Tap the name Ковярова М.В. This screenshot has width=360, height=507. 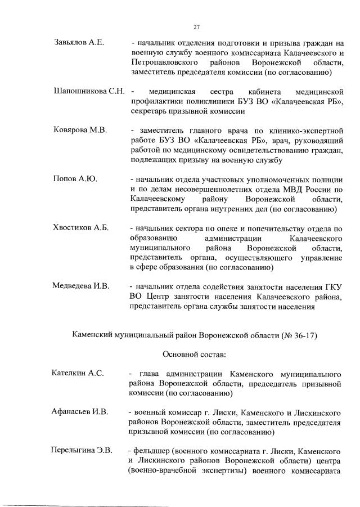[80, 131]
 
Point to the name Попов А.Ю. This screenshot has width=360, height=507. [75, 179]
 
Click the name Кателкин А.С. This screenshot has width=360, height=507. [78, 374]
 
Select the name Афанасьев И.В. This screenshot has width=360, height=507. [80, 412]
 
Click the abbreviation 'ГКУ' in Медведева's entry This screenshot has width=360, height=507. [332, 286]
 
